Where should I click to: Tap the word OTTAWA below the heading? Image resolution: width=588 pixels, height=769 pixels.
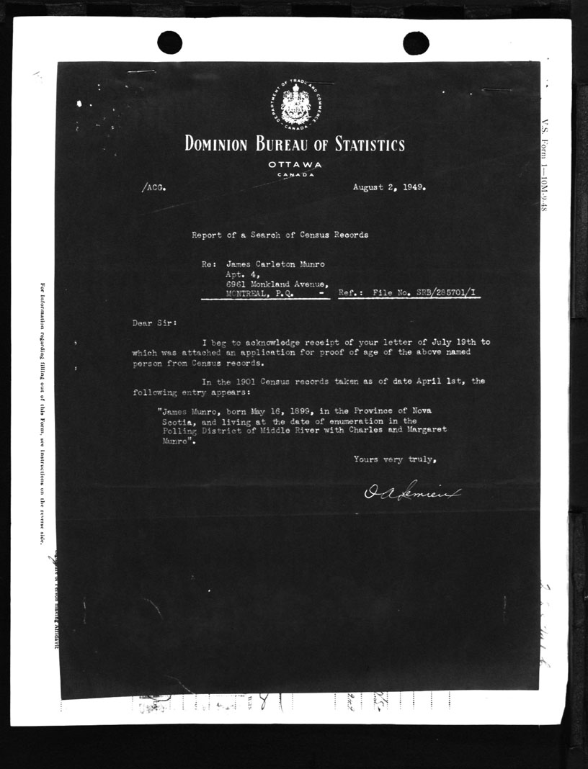294,165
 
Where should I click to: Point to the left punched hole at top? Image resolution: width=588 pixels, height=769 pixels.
169,42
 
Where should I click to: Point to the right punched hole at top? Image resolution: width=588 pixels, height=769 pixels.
416,42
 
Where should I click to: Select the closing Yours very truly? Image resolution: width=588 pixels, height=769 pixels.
395,459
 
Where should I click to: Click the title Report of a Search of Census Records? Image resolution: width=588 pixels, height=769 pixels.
280,235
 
